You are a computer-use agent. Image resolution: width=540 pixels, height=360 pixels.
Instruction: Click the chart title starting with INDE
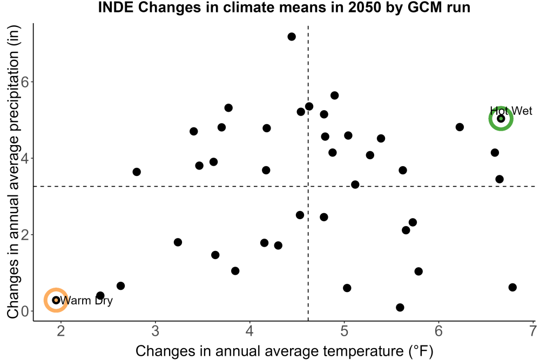pyautogui.click(x=284, y=8)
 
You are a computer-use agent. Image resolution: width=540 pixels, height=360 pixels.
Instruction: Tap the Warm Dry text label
pyautogui.click(x=86, y=301)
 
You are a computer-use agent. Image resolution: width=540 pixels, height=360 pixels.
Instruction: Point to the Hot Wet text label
pyautogui.click(x=511, y=111)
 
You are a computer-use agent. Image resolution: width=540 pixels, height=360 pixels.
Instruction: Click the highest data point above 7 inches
pyautogui.click(x=292, y=37)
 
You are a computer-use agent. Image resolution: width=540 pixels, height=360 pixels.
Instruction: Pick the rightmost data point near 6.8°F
pyautogui.click(x=512, y=287)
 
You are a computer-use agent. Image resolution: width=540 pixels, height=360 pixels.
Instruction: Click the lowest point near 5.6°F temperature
pyautogui.click(x=400, y=307)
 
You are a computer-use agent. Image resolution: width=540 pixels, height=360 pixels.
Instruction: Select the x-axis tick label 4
pyautogui.click(x=249, y=331)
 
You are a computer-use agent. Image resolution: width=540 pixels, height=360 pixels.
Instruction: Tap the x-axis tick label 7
pyautogui.click(x=533, y=331)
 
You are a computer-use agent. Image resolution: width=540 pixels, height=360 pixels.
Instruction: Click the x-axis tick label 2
pyautogui.click(x=61, y=331)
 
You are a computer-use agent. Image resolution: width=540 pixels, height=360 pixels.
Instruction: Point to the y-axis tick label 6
pyautogui.click(x=25, y=82)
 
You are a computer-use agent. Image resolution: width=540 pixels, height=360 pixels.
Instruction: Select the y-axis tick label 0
pyautogui.click(x=25, y=311)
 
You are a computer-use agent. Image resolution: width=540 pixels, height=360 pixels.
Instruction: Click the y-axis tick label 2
pyautogui.click(x=25, y=235)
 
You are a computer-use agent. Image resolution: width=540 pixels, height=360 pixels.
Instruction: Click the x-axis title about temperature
pyautogui.click(x=284, y=351)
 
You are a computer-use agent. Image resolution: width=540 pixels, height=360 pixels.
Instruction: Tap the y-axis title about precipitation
pyautogui.click(x=13, y=172)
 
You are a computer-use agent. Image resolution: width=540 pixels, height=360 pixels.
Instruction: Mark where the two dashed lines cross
pyautogui.click(x=308, y=186)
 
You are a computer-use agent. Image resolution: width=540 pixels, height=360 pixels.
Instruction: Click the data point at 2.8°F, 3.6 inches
pyautogui.click(x=137, y=172)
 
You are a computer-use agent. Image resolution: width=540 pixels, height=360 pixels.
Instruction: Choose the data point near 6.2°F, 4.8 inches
pyautogui.click(x=460, y=127)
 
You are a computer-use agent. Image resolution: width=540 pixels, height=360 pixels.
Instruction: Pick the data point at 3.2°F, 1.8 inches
pyautogui.click(x=178, y=242)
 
